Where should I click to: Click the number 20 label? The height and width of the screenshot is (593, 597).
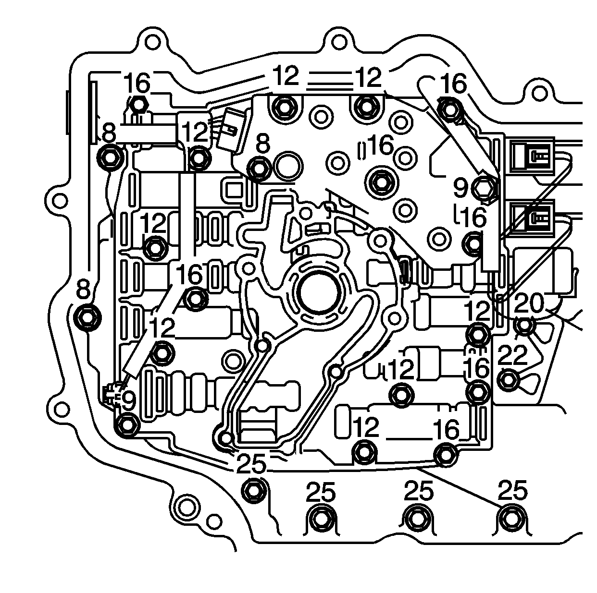click(529, 303)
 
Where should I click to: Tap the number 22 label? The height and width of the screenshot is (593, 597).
click(513, 356)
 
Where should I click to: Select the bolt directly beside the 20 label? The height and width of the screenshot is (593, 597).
click(524, 327)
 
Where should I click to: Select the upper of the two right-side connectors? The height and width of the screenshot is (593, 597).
click(532, 155)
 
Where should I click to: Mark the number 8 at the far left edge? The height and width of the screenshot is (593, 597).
click(84, 290)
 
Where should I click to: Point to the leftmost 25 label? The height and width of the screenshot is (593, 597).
click(251, 464)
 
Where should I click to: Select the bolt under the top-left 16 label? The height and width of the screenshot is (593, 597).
click(138, 104)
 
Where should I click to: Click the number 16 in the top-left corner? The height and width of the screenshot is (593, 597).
click(137, 83)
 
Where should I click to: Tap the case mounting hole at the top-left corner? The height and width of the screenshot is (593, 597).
click(152, 42)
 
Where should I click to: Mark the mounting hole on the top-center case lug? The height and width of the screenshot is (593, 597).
click(339, 42)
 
